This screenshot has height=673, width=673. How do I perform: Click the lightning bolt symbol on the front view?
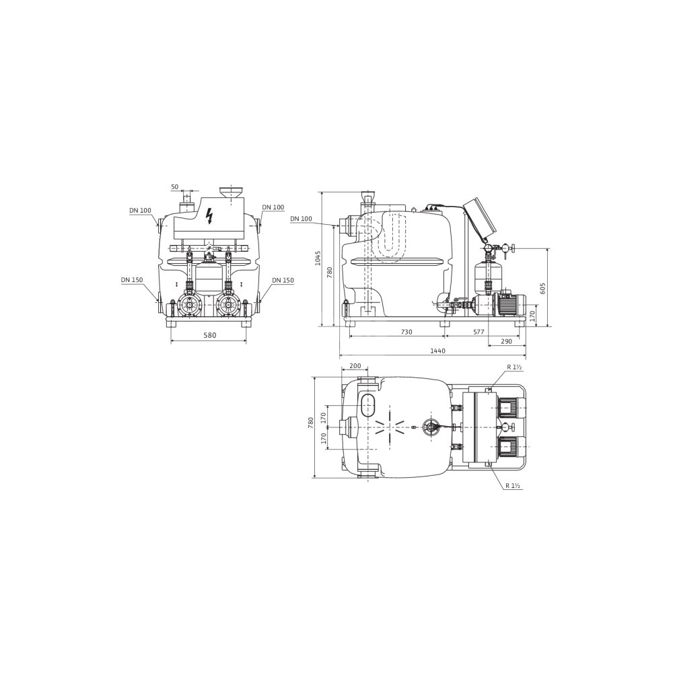point(209,216)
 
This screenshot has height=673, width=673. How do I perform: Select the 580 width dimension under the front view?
point(209,334)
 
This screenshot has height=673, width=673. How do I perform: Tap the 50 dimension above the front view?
point(174,186)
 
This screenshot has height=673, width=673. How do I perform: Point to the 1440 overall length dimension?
point(438,351)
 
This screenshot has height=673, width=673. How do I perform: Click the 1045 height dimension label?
point(317,258)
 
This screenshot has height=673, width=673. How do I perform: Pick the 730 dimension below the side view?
point(406,332)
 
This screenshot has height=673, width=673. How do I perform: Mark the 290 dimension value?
point(507,341)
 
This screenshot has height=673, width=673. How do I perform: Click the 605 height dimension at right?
point(542,287)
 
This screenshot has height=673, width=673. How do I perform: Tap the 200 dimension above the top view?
point(355,366)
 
